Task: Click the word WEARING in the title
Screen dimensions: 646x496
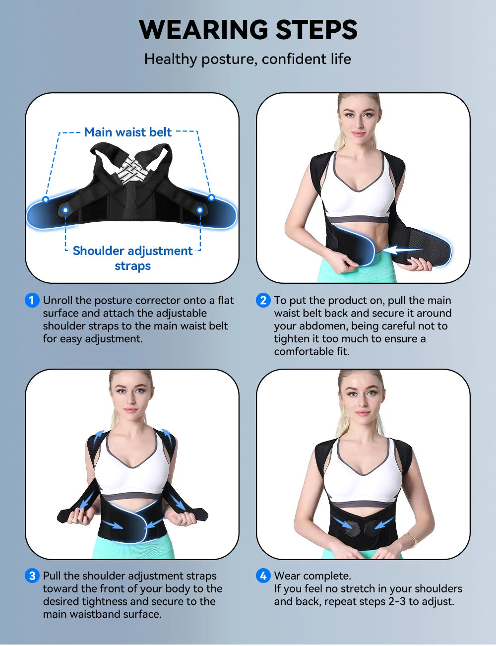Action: click(204, 30)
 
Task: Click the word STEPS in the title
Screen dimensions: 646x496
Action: click(316, 30)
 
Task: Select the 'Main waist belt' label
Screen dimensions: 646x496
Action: click(128, 132)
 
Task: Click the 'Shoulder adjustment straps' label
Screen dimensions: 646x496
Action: click(132, 258)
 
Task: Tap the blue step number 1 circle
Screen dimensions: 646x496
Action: click(32, 300)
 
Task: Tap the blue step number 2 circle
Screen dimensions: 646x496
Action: click(263, 300)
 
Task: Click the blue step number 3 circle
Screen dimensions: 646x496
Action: click(32, 576)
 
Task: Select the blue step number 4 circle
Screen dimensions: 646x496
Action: click(263, 576)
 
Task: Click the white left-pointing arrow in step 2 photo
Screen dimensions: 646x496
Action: click(403, 249)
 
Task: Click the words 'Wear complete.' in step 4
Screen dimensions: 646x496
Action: click(312, 576)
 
